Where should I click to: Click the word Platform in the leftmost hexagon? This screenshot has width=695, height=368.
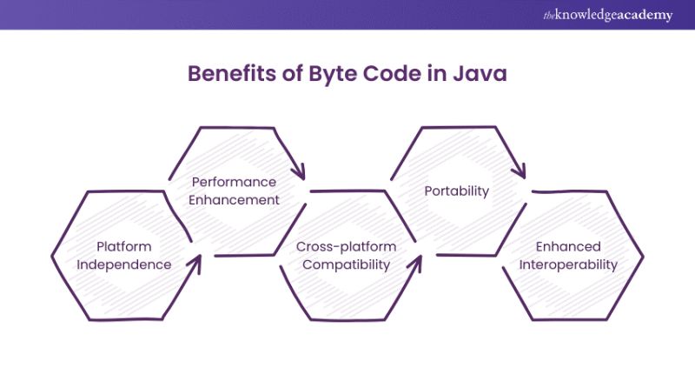click(123, 247)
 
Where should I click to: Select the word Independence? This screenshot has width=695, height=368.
click(123, 265)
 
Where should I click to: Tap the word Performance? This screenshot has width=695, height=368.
click(234, 183)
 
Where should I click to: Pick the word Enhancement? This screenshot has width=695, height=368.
click(235, 200)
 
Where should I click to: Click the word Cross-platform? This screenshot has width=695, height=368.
click(346, 247)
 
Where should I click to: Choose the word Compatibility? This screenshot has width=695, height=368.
click(346, 265)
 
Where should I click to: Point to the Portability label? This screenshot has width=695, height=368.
click(456, 191)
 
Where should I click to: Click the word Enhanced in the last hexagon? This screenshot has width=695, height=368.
click(568, 247)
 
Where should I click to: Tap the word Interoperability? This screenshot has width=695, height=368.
click(567, 265)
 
